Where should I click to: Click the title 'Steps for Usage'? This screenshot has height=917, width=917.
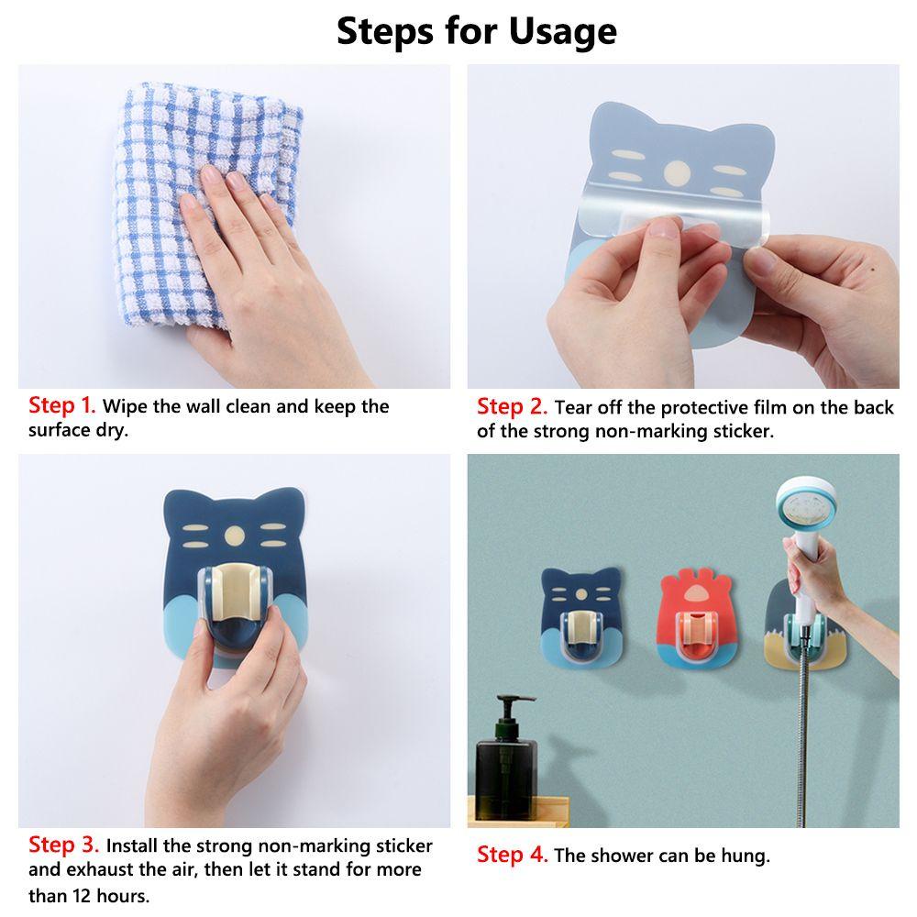(x=477, y=30)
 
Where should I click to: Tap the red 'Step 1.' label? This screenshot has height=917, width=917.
(x=61, y=405)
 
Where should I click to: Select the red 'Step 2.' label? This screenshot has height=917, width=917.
(x=512, y=406)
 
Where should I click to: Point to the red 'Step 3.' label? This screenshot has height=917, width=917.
(x=63, y=845)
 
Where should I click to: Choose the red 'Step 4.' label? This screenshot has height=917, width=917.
(x=512, y=855)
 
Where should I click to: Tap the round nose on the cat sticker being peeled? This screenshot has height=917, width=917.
(x=677, y=172)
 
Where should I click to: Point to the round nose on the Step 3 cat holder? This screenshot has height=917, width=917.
(x=235, y=535)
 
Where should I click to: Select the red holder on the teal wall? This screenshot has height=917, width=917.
(x=697, y=619)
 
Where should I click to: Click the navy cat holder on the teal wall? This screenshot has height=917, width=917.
(x=580, y=616)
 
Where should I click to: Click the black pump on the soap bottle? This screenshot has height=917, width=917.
(x=510, y=710)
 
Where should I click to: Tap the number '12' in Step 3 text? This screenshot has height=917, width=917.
(x=83, y=895)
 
